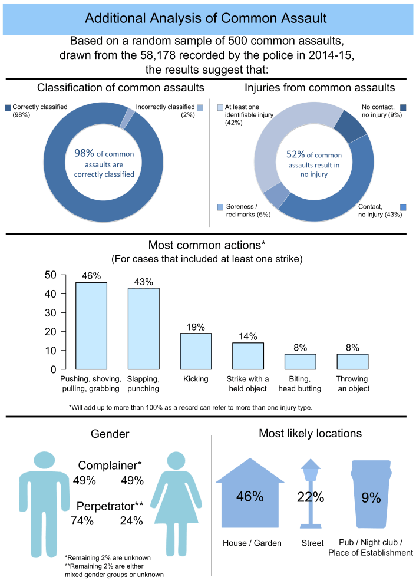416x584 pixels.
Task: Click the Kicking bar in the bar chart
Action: [196, 351]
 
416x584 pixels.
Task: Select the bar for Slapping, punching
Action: [143, 328]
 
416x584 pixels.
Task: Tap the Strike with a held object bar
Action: [248, 356]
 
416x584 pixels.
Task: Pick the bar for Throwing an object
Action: [352, 362]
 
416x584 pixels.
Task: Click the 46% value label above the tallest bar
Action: [91, 276]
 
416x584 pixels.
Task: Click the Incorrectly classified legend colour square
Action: [200, 108]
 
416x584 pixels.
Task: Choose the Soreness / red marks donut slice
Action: [277, 196]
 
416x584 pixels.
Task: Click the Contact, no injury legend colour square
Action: [403, 207]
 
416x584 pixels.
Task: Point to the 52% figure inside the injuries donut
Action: [295, 154]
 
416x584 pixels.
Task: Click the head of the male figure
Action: [44, 460]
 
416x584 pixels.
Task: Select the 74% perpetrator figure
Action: [82, 520]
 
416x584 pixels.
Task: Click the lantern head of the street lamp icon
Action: [311, 470]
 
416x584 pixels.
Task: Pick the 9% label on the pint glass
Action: [371, 497]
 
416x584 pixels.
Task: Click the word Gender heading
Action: [110, 434]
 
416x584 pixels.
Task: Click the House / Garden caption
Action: [252, 543]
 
